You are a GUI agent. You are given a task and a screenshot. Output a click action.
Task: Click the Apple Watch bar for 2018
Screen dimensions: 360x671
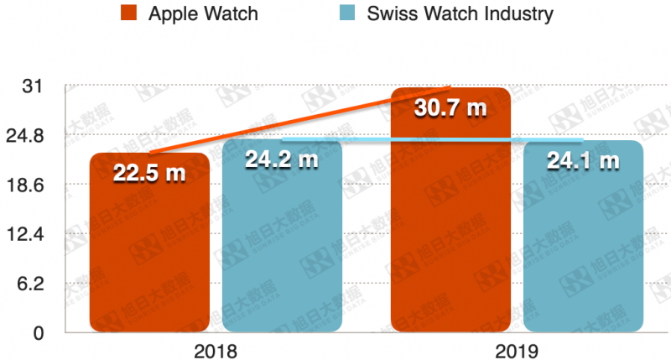(149, 252)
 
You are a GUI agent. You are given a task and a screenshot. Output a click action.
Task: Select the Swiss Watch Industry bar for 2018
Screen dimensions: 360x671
(282, 252)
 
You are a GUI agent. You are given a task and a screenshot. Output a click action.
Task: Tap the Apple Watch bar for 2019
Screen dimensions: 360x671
(450, 227)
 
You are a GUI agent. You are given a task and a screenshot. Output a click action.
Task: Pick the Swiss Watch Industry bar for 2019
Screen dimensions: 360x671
(583, 252)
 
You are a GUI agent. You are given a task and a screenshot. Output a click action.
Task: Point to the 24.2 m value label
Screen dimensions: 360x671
(282, 158)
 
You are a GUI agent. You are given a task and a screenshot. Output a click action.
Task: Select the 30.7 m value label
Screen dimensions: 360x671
(450, 107)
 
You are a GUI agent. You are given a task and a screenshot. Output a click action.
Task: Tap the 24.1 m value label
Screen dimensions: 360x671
(583, 159)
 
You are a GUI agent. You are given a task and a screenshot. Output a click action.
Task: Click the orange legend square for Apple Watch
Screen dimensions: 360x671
(128, 13)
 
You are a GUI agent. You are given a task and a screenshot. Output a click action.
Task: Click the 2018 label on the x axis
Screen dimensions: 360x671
(215, 350)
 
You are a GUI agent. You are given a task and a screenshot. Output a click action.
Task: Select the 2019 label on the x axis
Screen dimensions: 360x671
(516, 350)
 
